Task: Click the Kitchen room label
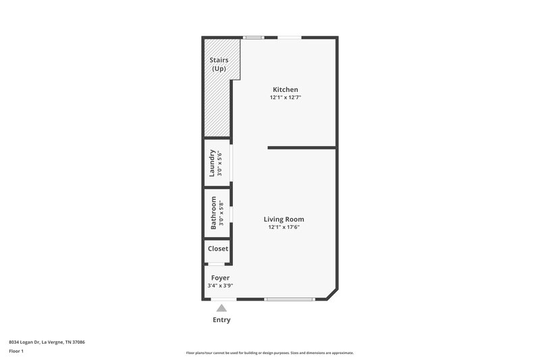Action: click(x=285, y=90)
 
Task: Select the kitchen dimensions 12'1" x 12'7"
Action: click(x=285, y=98)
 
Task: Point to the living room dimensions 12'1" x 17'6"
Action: click(x=283, y=227)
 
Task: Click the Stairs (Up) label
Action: click(x=218, y=65)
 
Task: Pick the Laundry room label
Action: click(x=213, y=163)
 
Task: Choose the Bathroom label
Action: click(x=213, y=213)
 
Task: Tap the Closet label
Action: click(x=218, y=249)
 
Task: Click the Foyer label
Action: click(x=220, y=278)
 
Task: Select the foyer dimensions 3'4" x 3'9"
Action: click(x=220, y=286)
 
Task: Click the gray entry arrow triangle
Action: click(x=221, y=307)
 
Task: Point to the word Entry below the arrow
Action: click(x=221, y=319)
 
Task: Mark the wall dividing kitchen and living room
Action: click(x=302, y=147)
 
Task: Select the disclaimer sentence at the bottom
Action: click(x=269, y=353)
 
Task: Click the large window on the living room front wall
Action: click(x=290, y=299)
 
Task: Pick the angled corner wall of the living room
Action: click(x=332, y=293)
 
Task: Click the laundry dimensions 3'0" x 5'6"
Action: click(x=220, y=163)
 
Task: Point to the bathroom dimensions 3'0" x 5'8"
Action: click(x=221, y=213)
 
